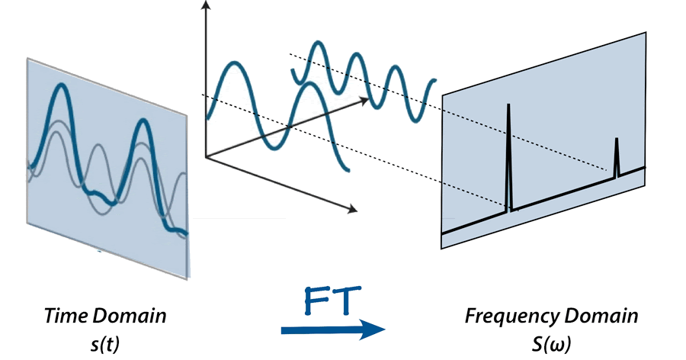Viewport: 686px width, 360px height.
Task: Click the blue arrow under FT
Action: [332, 329]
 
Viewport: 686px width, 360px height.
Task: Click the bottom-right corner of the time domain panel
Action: [188, 279]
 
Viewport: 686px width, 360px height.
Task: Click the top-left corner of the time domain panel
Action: [27, 58]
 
